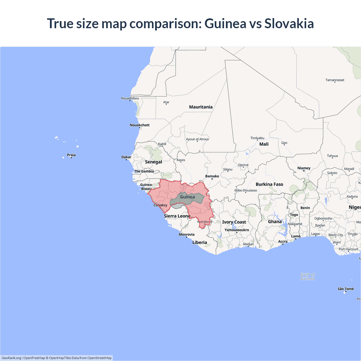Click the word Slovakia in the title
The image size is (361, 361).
coord(289,23)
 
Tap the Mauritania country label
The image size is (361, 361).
coord(201,107)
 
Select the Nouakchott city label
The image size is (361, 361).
coord(140,125)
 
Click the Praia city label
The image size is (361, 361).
coord(71,155)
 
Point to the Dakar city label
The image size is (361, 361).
coord(126,157)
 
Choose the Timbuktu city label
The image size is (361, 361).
coord(257,138)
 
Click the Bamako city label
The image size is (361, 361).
coord(212,176)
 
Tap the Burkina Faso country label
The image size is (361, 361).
coord(269,184)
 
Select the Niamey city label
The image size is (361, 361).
coord(304,168)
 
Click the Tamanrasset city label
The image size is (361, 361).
coord(335,80)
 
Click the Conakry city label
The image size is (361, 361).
coord(160,205)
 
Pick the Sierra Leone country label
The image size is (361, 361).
coord(177,216)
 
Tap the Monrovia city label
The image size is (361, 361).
coord(186,234)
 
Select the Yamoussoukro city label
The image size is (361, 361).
coord(237,230)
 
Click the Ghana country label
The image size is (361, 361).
coord(275,222)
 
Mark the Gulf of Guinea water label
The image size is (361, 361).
coord(307,276)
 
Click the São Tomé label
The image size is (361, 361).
coord(345,289)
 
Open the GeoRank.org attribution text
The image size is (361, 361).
coord(11,358)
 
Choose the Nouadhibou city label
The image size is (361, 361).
coord(130,98)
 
